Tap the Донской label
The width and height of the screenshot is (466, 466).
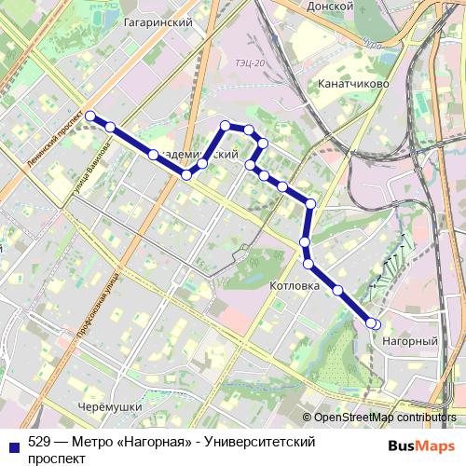click(x=331, y=6)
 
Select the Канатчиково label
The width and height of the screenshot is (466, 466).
click(x=351, y=85)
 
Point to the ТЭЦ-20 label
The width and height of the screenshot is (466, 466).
click(x=251, y=62)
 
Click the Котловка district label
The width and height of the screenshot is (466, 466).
click(x=294, y=285)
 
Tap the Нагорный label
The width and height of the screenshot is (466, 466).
click(x=410, y=342)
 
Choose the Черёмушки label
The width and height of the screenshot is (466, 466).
click(x=110, y=407)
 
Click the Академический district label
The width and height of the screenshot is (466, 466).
click(x=196, y=155)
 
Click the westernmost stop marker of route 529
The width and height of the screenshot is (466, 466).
click(x=91, y=116)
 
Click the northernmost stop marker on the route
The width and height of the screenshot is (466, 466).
click(x=226, y=124)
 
